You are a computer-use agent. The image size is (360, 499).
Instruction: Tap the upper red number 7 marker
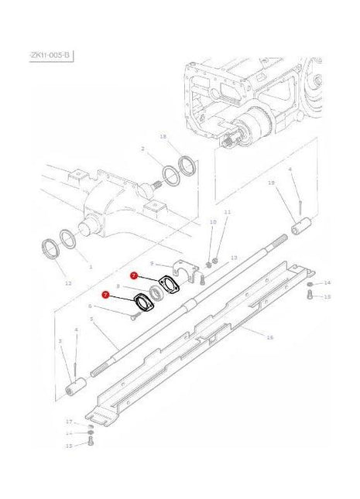click(x=134, y=275)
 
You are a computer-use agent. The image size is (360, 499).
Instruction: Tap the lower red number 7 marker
click(x=105, y=295)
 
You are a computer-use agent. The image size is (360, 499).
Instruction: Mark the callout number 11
click(x=227, y=212)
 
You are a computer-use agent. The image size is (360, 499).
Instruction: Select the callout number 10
click(x=213, y=222)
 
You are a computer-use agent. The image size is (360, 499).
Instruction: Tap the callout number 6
click(x=90, y=306)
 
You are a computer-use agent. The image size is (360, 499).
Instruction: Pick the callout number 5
click(x=91, y=319)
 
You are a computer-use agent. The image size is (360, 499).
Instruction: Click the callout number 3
click(x=60, y=341)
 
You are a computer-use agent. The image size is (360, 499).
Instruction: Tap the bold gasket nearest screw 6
click(x=144, y=302)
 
